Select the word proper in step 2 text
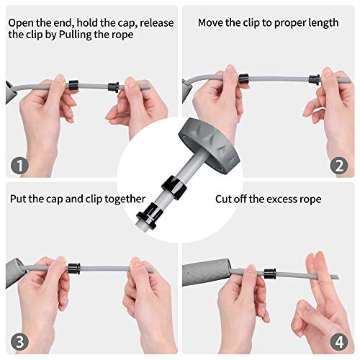pos(279,22)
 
